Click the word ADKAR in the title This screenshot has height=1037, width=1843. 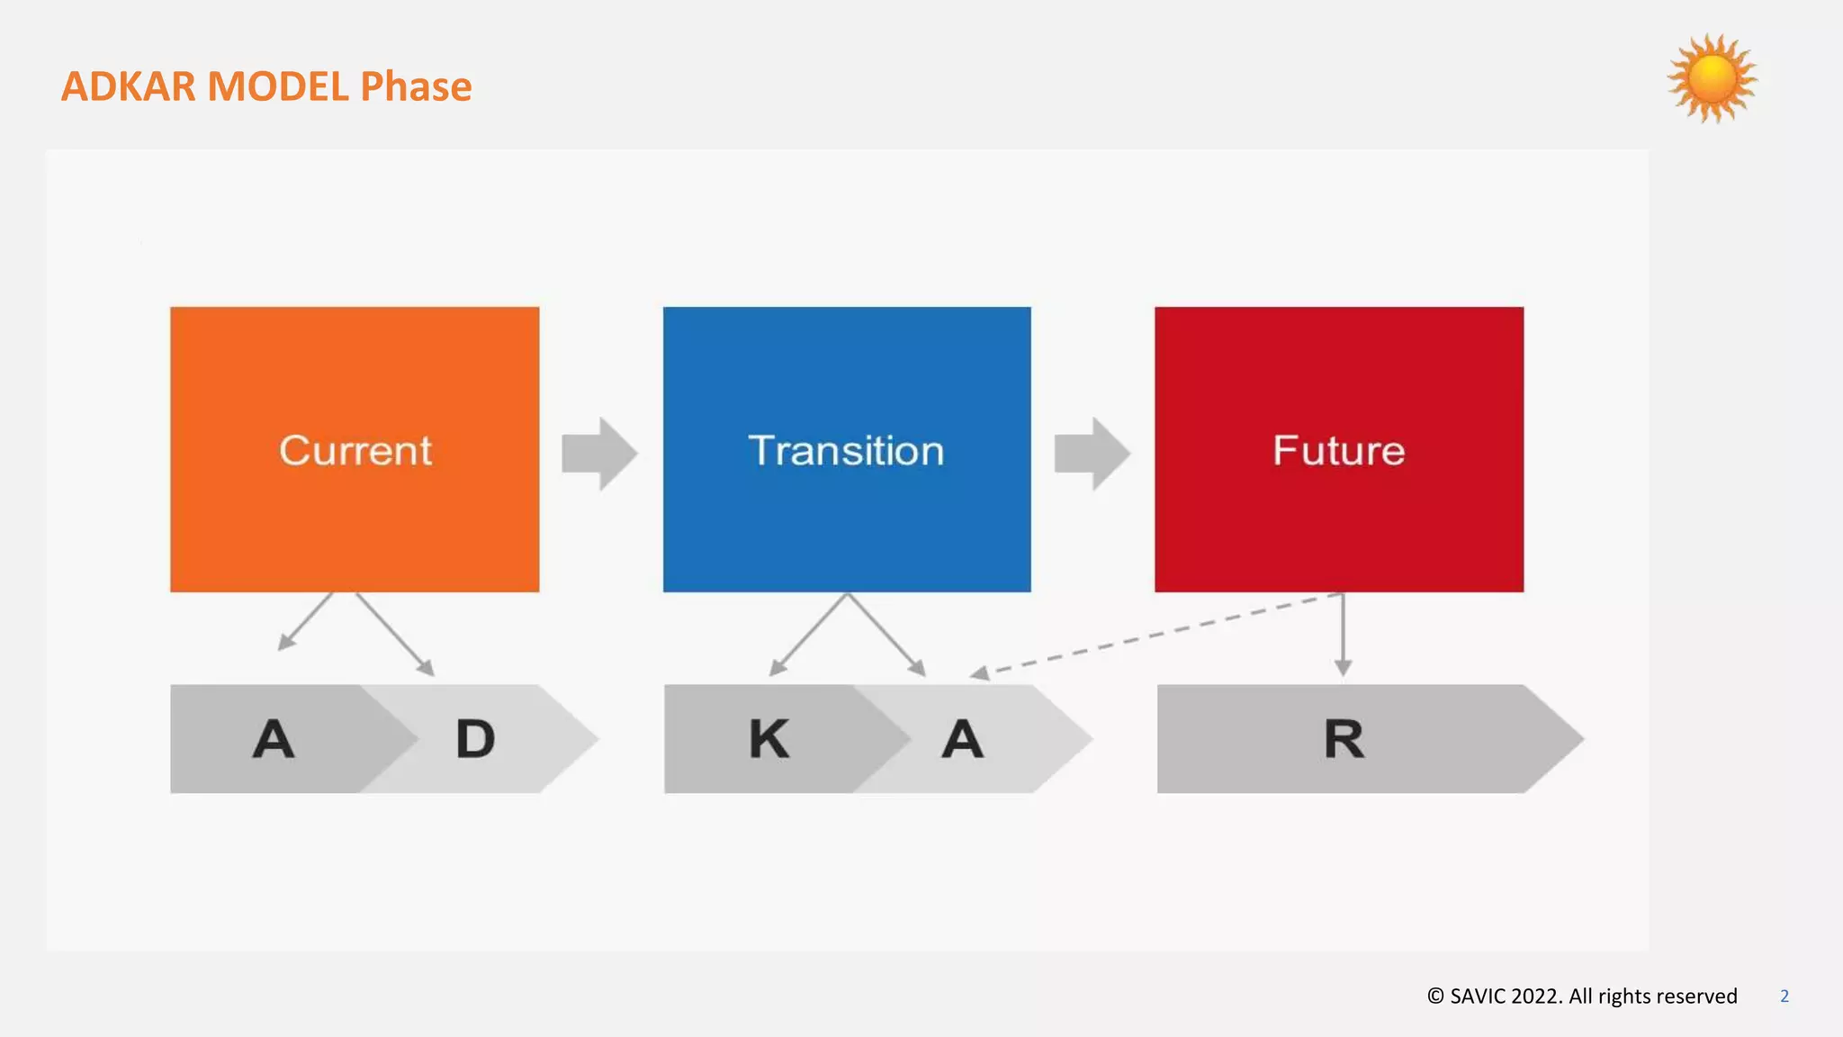pyautogui.click(x=128, y=87)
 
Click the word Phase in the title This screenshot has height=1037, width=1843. pyautogui.click(x=416, y=87)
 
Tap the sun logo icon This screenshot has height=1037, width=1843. pyautogui.click(x=1712, y=79)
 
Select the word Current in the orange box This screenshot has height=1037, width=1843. pyautogui.click(x=355, y=450)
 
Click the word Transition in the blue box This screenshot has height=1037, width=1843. pyautogui.click(x=846, y=450)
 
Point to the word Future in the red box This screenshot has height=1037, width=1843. pyautogui.click(x=1338, y=450)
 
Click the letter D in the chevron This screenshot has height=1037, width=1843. pyautogui.click(x=475, y=739)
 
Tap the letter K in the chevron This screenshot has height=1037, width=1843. pyautogui.click(x=769, y=739)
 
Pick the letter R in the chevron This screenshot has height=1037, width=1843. pyautogui.click(x=1344, y=739)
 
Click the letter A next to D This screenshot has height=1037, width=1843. pyautogui.click(x=274, y=739)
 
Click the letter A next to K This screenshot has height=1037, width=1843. pyautogui.click(x=962, y=739)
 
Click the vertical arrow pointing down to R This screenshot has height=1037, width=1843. pyautogui.click(x=1343, y=635)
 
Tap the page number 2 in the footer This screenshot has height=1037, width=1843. pyautogui.click(x=1784, y=996)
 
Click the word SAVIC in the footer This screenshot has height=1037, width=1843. pyautogui.click(x=1477, y=996)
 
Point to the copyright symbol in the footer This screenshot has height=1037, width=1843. pyautogui.click(x=1435, y=996)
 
